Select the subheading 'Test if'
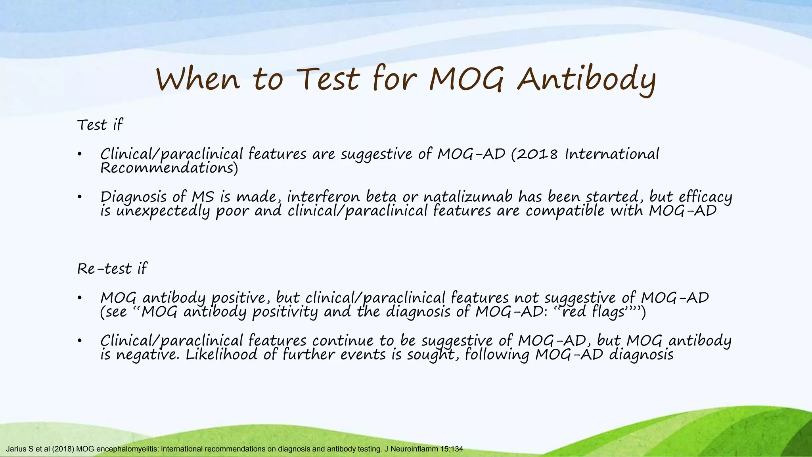[x=100, y=125]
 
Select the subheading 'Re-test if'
[x=112, y=269]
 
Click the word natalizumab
[x=468, y=197]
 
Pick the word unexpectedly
[x=163, y=211]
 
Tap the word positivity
[x=285, y=312]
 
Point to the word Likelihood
[x=222, y=354]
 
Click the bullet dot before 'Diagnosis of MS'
[x=80, y=197]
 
